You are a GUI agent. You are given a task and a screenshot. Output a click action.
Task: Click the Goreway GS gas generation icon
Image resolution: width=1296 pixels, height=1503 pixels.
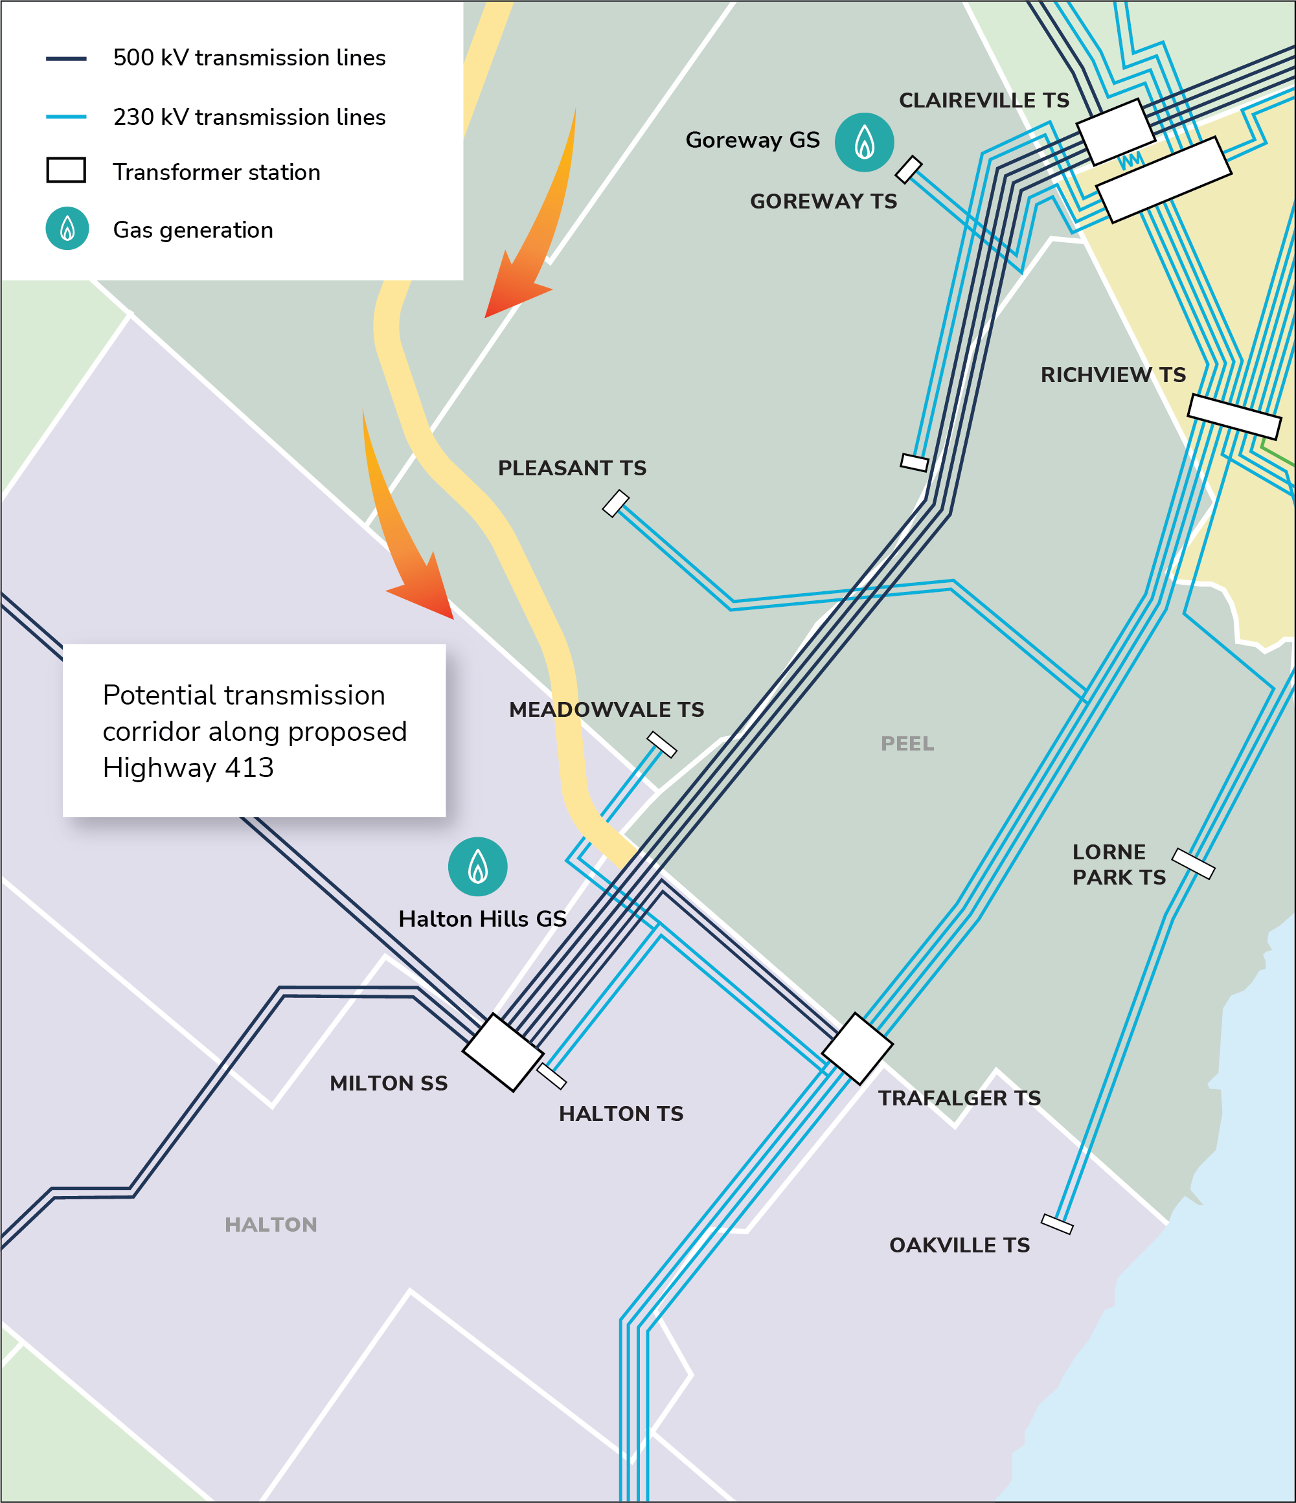863,142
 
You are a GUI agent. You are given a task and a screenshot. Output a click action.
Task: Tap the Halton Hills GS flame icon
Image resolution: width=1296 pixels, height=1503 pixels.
477,867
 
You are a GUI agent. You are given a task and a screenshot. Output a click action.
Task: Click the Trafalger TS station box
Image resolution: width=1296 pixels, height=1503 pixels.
857,1048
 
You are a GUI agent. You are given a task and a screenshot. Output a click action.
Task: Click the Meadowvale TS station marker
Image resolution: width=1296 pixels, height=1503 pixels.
662,744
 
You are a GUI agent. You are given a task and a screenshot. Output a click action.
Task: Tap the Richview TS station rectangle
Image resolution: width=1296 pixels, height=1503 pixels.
1234,416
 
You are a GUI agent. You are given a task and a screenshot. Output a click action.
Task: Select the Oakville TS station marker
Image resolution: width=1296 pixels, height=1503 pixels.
1056,1224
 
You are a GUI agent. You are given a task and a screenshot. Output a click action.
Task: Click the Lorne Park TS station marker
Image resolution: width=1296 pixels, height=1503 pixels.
1193,863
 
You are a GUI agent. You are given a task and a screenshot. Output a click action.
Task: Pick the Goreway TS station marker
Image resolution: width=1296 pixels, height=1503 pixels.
909,169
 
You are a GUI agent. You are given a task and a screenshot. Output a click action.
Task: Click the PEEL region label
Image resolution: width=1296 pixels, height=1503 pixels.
907,743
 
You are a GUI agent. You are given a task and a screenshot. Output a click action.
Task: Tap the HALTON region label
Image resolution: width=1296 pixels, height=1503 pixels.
271,1225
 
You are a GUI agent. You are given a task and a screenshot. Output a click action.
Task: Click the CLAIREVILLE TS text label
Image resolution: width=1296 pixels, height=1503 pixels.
984,100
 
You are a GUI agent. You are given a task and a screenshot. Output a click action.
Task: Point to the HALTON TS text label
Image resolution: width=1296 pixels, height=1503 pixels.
621,1113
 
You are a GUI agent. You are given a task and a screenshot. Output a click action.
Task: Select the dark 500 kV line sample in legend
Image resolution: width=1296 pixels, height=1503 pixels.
66,58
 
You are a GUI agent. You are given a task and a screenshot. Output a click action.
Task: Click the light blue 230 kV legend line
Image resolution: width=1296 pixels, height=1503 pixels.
66,117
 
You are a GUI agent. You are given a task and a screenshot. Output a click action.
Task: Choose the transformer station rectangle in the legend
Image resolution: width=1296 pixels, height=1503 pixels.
66,170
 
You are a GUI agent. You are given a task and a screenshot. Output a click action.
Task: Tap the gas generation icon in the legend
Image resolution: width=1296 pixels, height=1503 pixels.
67,229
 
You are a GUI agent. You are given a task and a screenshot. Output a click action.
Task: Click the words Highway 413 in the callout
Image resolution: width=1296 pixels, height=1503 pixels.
188,767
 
